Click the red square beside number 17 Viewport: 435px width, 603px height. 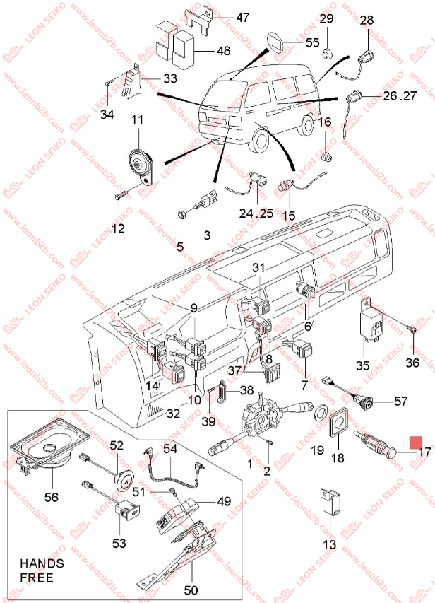coord(415,443)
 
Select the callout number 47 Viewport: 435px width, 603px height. coord(242,17)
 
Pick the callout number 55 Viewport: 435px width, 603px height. coord(312,42)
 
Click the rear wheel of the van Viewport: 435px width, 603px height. coord(306,124)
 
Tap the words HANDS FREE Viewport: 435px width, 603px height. coord(42,570)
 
